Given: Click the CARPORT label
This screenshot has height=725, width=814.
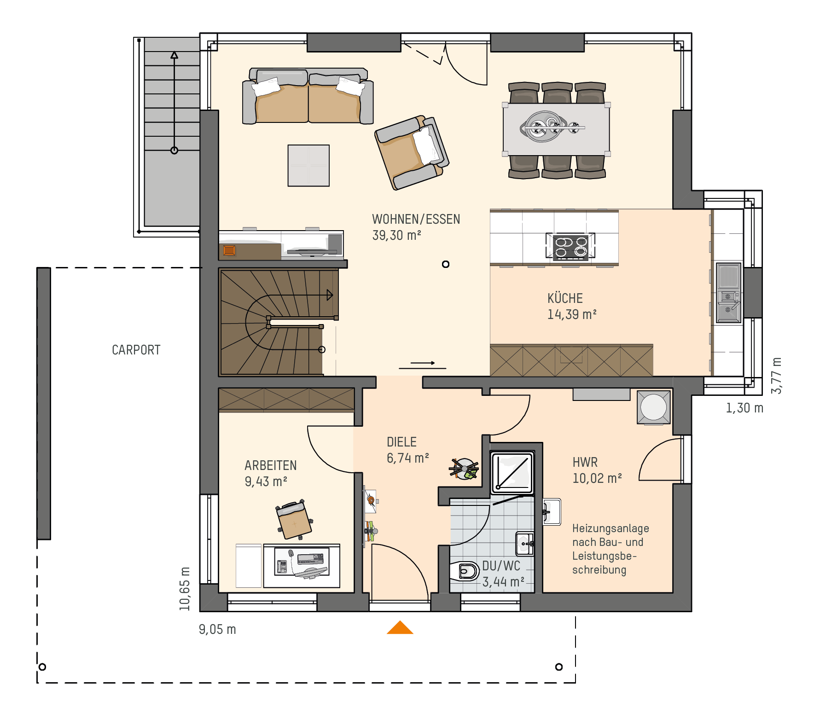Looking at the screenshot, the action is (136, 350).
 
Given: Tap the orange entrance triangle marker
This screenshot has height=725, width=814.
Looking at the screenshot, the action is (400, 628).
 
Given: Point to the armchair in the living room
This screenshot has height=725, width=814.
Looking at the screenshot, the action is (412, 152).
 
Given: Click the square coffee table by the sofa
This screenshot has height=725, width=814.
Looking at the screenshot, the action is (308, 166).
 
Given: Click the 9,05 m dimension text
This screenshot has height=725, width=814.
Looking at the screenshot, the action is (217, 629).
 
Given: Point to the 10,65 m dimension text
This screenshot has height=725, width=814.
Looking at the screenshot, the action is (185, 589).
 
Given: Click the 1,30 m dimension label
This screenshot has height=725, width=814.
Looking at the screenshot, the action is (744, 408).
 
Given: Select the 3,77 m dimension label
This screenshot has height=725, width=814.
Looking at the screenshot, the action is (776, 375).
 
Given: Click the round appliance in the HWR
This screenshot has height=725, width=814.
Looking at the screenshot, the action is (653, 407).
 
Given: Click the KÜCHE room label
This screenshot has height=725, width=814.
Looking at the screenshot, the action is (565, 298).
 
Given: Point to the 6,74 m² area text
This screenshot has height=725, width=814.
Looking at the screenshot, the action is (408, 458).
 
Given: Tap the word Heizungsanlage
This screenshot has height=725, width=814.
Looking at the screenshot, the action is (610, 528).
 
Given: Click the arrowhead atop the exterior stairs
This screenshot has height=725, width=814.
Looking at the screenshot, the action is (174, 55).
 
